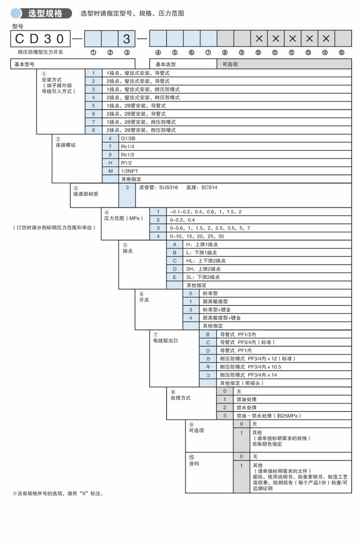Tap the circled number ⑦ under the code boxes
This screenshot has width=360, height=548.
(208, 52)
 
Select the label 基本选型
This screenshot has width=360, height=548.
(166, 64)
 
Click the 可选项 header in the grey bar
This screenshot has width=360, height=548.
(229, 64)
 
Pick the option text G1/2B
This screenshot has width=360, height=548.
(129, 138)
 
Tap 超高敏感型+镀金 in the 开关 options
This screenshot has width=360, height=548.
(222, 317)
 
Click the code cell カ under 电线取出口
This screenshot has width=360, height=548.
(208, 358)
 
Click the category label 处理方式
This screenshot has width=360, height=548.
(181, 398)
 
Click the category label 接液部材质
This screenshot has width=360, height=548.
(85, 193)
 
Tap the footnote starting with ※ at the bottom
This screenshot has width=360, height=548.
(58, 493)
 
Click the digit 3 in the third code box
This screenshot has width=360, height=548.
(127, 39)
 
